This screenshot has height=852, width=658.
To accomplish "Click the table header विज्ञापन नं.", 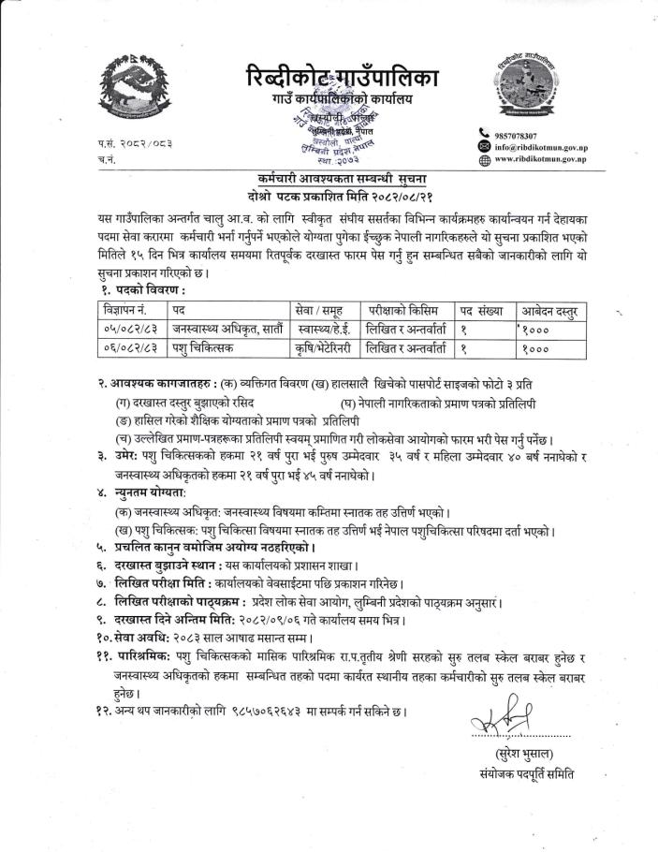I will (124, 309).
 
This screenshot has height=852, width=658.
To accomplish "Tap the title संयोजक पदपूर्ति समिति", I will (527, 773).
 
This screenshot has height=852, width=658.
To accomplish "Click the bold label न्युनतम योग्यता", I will (151, 492).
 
